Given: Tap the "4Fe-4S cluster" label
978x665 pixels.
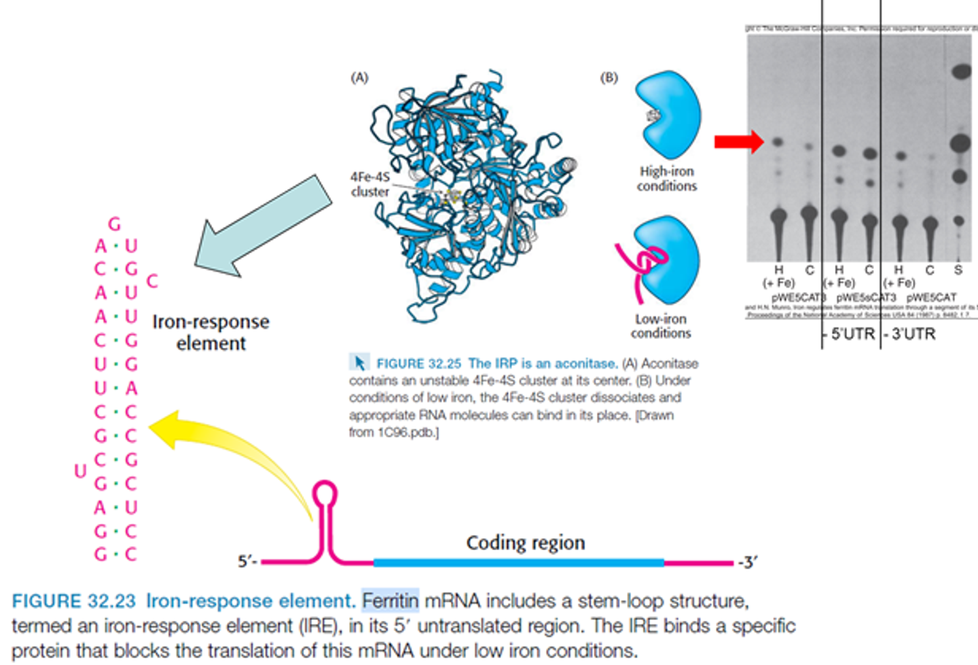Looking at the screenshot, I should [x=369, y=184].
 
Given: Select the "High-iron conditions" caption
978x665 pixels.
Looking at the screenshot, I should [x=667, y=179].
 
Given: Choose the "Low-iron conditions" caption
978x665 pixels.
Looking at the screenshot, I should [x=661, y=326].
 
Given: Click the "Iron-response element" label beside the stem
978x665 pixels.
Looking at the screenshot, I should [x=211, y=332].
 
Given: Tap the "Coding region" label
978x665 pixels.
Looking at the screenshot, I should [x=525, y=543].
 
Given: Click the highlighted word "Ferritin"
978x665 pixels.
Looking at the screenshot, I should [x=390, y=601].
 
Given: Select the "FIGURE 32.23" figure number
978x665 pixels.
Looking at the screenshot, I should [x=75, y=601].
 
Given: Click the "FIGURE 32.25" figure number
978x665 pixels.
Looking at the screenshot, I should [x=418, y=364].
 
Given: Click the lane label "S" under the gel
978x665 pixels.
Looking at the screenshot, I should [x=958, y=270].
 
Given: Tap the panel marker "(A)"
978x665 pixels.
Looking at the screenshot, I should [x=359, y=77].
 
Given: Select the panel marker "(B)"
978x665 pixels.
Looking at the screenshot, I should [x=609, y=77].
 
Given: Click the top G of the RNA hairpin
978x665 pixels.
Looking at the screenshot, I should [x=115, y=223].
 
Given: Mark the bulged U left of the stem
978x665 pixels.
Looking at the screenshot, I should [x=80, y=471].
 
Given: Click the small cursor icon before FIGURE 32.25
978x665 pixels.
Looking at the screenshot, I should [x=359, y=363].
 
